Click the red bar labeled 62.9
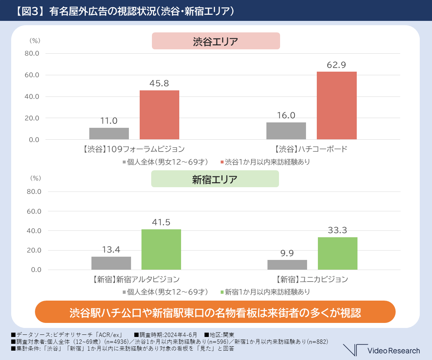(337, 105)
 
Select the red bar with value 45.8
(159, 115)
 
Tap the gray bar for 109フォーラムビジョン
(109, 134)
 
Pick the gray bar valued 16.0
(286, 131)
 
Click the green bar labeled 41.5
(161, 249)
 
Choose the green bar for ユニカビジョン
(338, 253)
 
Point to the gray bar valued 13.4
(111, 263)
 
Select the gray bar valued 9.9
(287, 265)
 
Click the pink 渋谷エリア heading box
(216, 41)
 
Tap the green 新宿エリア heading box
(215, 179)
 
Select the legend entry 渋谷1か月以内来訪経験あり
(265, 162)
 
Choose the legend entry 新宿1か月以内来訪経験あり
(265, 292)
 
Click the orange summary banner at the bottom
(215, 312)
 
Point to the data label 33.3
(337, 230)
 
